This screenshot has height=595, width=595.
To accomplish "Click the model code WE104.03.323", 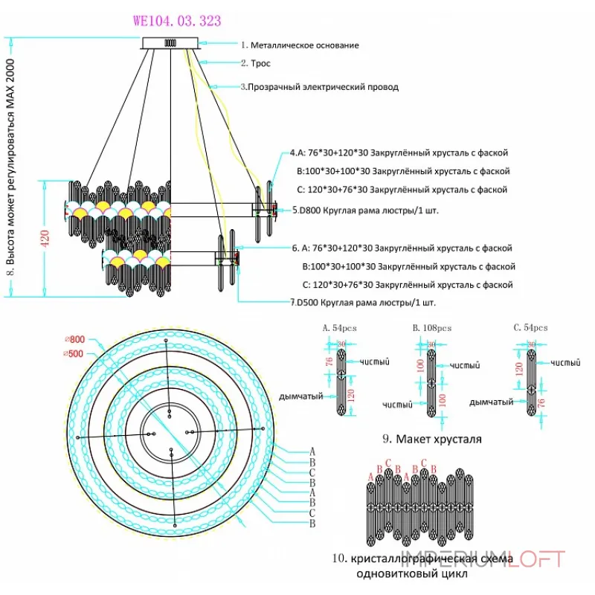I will tap(176, 22).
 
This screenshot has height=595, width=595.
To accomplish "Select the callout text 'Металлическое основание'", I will tap(304, 45).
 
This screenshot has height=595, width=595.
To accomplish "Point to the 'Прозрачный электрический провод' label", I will tap(324, 87).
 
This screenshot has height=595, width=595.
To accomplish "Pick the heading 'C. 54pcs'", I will tap(530, 327).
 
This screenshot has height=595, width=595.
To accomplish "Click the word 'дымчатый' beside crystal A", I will tap(300, 396).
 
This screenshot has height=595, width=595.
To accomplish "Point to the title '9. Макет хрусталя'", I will tap(438, 439).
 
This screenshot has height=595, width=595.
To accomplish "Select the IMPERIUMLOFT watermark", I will tap(483, 559).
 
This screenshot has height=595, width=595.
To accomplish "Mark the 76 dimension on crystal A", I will tap(329, 362).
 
